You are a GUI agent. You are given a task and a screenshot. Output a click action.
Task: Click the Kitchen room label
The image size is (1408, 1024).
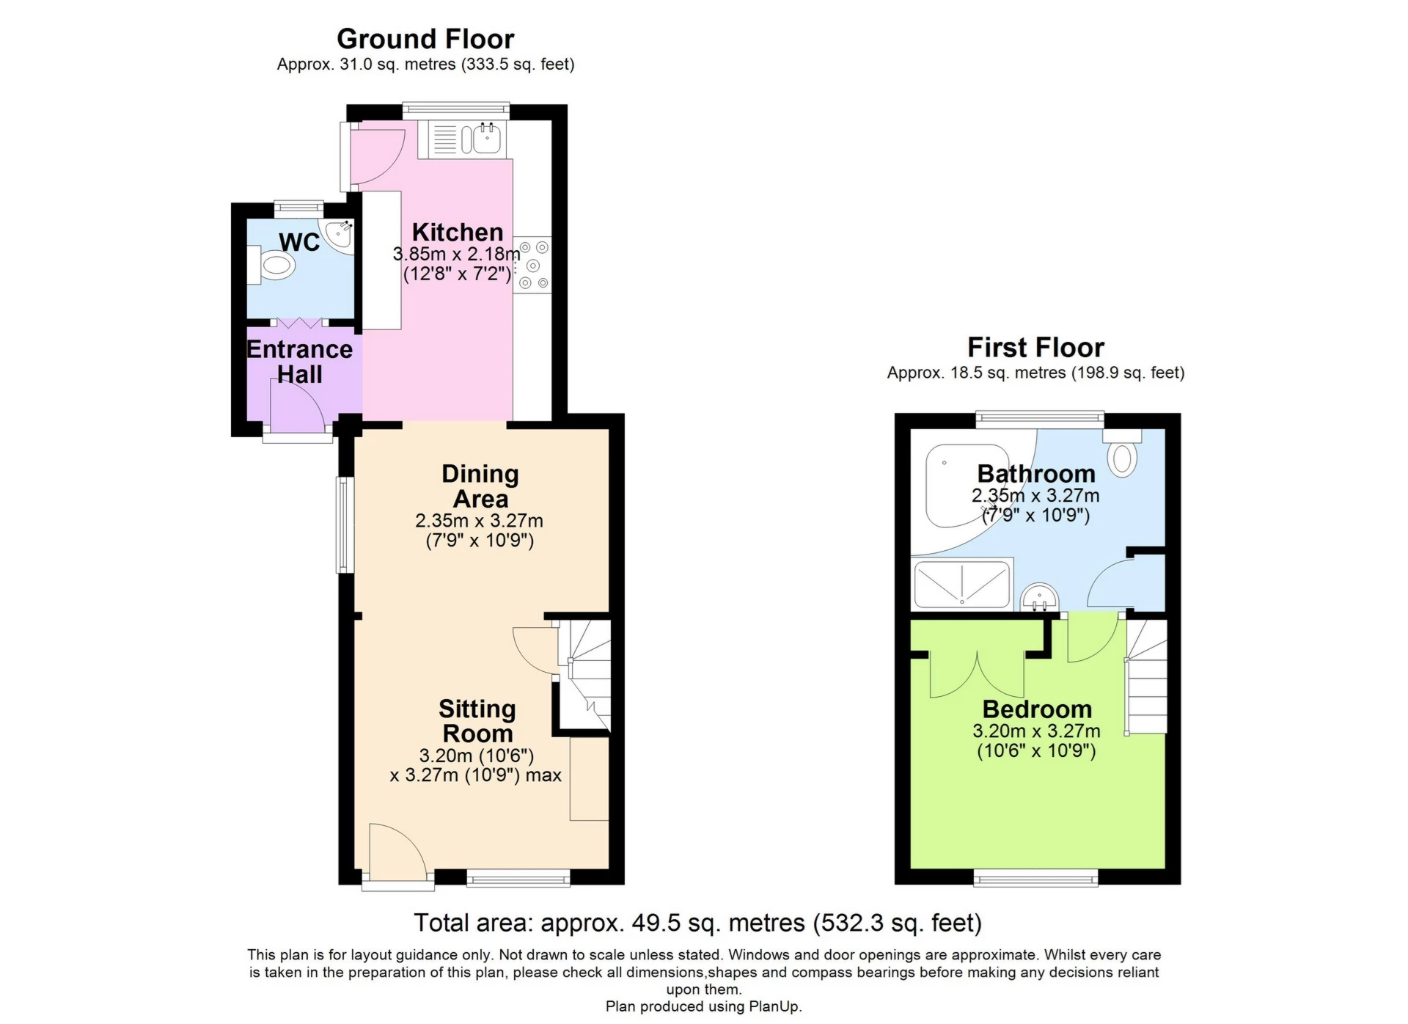pyautogui.click(x=458, y=233)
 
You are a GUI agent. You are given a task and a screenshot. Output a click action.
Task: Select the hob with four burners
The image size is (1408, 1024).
pyautogui.click(x=533, y=265)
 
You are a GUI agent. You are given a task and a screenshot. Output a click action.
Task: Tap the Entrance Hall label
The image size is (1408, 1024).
pyautogui.click(x=299, y=362)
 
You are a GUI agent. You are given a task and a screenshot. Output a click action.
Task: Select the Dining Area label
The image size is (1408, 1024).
pyautogui.click(x=480, y=486)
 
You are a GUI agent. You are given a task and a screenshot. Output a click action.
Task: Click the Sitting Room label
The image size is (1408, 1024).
pyautogui.click(x=477, y=721)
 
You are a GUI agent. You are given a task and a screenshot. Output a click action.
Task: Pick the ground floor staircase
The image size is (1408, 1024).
pyautogui.click(x=584, y=675)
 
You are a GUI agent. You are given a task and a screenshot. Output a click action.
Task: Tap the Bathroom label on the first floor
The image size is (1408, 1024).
pyautogui.click(x=1036, y=474)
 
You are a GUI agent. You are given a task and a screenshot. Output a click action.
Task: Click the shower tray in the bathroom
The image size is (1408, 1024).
pyautogui.click(x=961, y=584)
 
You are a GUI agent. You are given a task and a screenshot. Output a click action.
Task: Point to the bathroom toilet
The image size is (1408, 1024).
pyautogui.click(x=1122, y=452)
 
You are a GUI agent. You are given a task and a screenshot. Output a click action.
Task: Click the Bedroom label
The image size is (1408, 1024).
pyautogui.click(x=1037, y=709)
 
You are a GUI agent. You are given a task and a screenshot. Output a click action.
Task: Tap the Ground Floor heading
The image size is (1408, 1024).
pyautogui.click(x=425, y=38)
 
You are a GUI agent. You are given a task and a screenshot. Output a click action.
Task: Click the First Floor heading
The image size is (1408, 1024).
pyautogui.click(x=1035, y=347)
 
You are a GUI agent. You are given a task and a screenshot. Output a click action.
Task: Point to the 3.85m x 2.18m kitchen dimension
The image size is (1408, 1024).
pyautogui.click(x=457, y=255)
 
